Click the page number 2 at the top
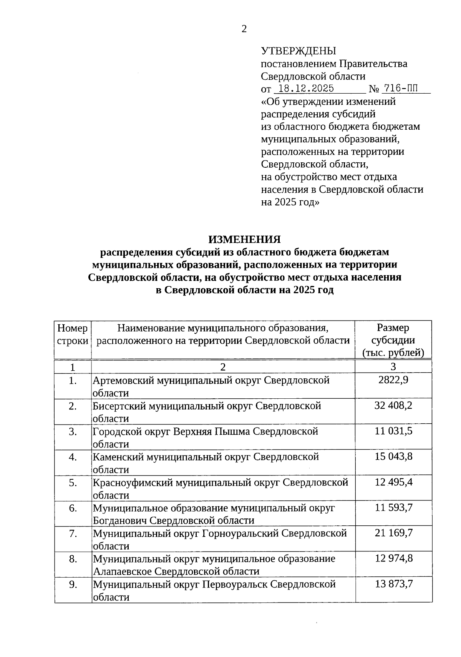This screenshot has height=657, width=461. [244, 29]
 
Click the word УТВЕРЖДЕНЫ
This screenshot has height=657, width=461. [298, 51]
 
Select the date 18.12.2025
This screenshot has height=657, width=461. [306, 89]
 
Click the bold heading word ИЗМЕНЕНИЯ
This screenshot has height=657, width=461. [244, 239]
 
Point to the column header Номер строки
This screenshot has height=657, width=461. [73, 334]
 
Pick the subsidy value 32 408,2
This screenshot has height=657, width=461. [393, 406]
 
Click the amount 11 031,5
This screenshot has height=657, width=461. [393, 431]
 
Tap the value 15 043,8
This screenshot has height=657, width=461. [393, 457]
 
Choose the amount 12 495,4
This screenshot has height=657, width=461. [393, 482]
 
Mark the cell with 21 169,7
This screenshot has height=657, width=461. [393, 533]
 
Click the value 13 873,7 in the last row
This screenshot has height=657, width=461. [393, 584]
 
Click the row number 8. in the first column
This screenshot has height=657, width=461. [73, 559]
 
